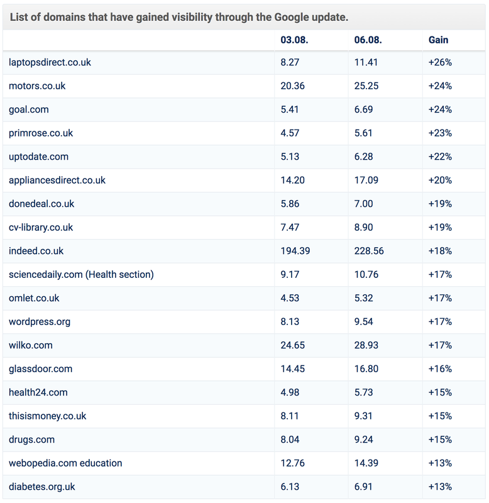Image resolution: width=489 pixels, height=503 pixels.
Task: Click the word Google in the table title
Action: tap(292, 18)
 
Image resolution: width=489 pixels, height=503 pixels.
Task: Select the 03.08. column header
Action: tap(294, 40)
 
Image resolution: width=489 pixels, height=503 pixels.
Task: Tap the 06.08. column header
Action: tap(368, 40)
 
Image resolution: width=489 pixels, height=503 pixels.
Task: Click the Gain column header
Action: tap(438, 40)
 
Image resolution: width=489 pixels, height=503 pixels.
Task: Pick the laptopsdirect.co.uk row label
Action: tap(50, 62)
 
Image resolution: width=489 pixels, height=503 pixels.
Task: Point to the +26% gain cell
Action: tap(440, 62)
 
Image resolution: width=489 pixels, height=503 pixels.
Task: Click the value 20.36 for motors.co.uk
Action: tap(292, 86)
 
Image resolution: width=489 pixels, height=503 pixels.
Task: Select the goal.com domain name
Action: tap(28, 109)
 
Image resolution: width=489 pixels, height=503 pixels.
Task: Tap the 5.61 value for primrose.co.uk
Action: tap(363, 133)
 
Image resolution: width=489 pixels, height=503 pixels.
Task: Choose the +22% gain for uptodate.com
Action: tap(440, 157)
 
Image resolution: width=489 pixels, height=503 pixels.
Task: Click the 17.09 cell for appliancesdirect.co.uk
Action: tap(366, 180)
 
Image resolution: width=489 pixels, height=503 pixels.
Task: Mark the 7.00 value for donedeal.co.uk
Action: tap(364, 204)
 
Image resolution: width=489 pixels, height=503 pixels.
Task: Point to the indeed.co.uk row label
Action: tap(36, 251)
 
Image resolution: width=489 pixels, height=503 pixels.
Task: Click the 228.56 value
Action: tap(369, 251)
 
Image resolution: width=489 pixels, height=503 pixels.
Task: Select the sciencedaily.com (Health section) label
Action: tap(81, 275)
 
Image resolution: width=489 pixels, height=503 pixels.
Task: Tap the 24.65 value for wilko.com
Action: tap(292, 345)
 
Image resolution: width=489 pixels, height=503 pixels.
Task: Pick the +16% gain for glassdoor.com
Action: tap(440, 369)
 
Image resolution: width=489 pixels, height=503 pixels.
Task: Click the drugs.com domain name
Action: tap(31, 439)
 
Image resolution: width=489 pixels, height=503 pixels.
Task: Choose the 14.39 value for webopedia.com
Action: tap(366, 463)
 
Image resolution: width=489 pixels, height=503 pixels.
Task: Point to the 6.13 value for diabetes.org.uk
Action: tap(290, 487)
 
